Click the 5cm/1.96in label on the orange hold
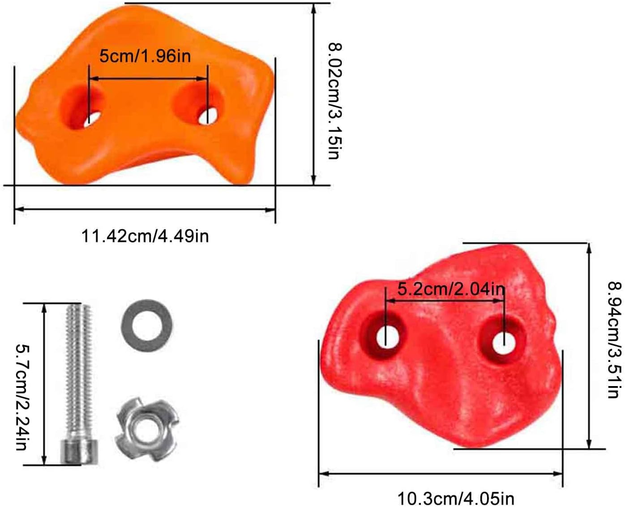(x=145, y=56)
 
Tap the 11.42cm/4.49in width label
(x=145, y=236)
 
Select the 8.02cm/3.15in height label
(x=335, y=101)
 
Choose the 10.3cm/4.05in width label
(x=456, y=498)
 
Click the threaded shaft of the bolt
(x=79, y=372)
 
